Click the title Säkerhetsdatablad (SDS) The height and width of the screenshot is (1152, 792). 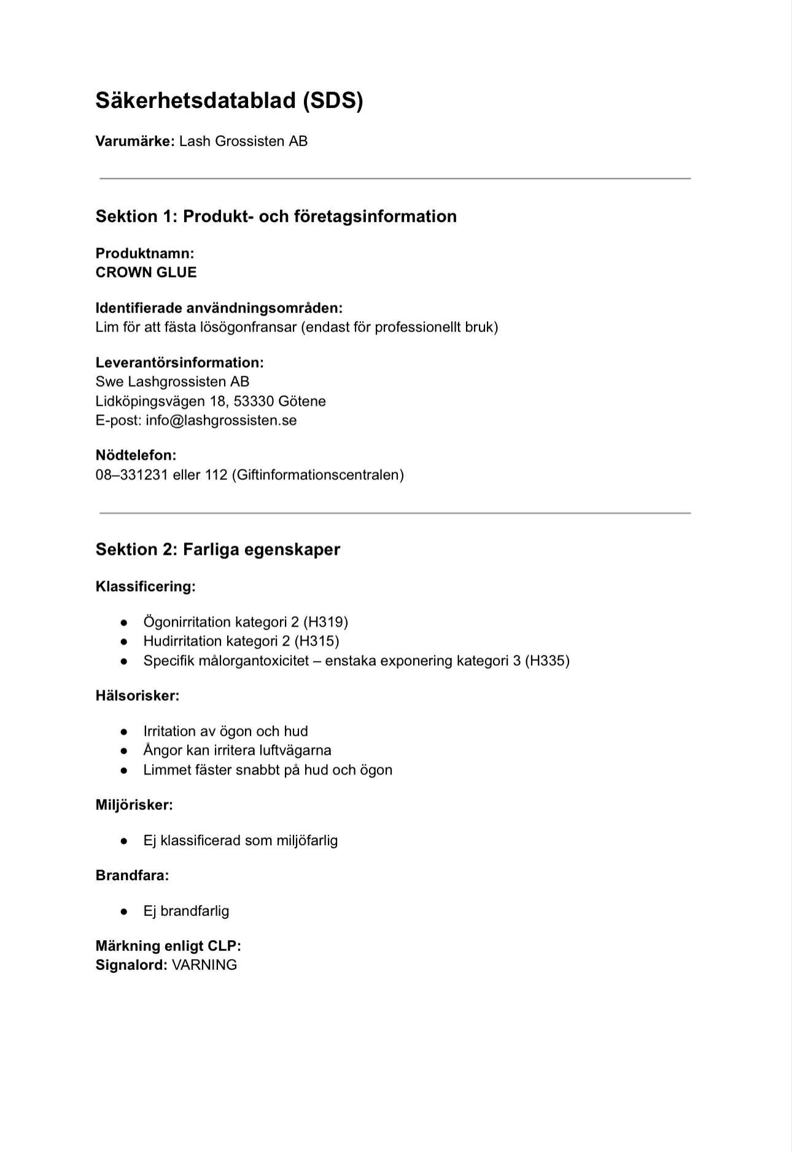pos(229,101)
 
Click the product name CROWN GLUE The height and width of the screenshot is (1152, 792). pos(146,273)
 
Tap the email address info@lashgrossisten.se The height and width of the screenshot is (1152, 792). pos(221,420)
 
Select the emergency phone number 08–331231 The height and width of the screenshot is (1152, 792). pos(131,475)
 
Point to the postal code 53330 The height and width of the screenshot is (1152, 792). pos(254,401)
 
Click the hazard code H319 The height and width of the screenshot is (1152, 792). pos(325,622)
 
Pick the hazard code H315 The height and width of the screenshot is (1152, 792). pos(317,641)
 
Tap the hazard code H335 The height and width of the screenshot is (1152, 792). pos(547,661)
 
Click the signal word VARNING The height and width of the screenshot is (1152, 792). pos(204,965)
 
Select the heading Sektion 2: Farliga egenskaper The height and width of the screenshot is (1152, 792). pos(218,549)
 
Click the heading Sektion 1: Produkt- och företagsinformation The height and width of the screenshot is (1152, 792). pos(276,216)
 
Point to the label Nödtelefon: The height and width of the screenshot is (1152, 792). pos(136,455)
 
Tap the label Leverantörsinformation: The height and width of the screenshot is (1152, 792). pos(179,363)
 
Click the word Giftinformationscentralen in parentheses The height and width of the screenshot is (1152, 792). pos(317,475)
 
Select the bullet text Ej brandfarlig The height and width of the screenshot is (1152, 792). pos(186,911)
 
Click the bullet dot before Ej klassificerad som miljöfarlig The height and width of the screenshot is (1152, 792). pos(124,841)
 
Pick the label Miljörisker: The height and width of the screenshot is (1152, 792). pos(134,805)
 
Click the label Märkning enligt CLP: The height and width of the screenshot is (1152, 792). pos(168,946)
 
